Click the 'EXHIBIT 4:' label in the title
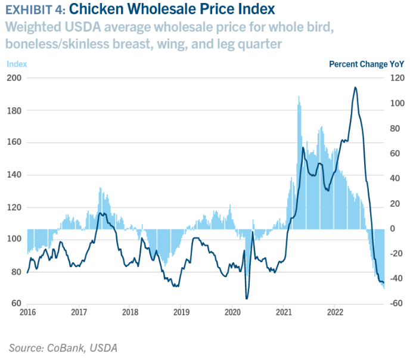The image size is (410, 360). click(33, 10)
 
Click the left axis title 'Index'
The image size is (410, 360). click(17, 64)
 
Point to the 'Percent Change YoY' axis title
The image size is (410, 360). click(366, 64)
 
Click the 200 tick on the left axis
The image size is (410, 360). click(14, 78)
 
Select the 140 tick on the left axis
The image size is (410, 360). click(14, 175)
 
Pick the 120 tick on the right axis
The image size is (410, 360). click(397, 78)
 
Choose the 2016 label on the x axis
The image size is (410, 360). click(27, 312)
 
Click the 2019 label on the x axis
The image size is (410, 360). click(181, 312)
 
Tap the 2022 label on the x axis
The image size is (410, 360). click(335, 312)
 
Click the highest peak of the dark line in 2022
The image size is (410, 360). click(355, 87)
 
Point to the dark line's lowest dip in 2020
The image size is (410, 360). click(247, 298)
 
